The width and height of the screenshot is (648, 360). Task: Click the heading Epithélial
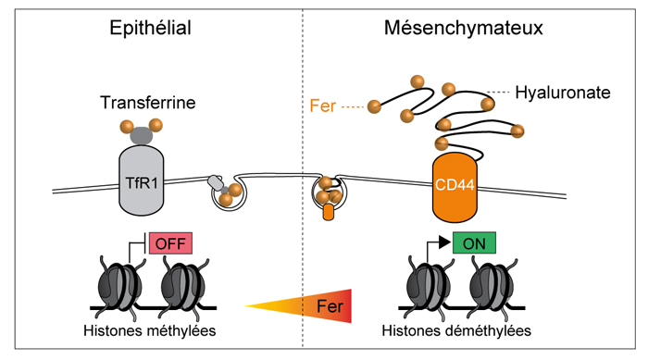pos(150,28)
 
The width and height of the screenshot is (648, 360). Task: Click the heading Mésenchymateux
pos(463,28)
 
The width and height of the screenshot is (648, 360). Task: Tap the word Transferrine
pos(148,103)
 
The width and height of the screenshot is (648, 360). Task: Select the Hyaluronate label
pos(563,93)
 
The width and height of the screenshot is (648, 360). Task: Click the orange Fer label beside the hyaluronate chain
pos(322,106)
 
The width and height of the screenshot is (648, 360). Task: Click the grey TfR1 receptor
pos(142,180)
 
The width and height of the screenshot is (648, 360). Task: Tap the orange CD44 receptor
pos(455,187)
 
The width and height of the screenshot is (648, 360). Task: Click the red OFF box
pos(170,243)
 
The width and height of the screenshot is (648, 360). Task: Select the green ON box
pos(474,243)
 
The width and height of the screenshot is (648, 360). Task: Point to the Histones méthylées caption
pos(150,330)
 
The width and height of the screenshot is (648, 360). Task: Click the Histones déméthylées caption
pos(456,330)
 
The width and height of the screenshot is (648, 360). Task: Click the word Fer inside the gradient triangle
pos(330,306)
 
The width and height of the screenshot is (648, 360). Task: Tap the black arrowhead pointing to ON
pos(444,242)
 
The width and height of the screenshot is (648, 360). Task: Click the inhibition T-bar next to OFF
pos(143,243)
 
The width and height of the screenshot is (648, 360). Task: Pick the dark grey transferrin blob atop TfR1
pos(142,135)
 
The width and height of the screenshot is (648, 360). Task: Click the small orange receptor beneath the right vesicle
pos(328,212)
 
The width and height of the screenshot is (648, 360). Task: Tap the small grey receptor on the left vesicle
pos(215,182)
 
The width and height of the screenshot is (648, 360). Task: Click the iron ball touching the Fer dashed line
pos(374,106)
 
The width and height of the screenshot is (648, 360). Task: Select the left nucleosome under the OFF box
pos(119,286)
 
